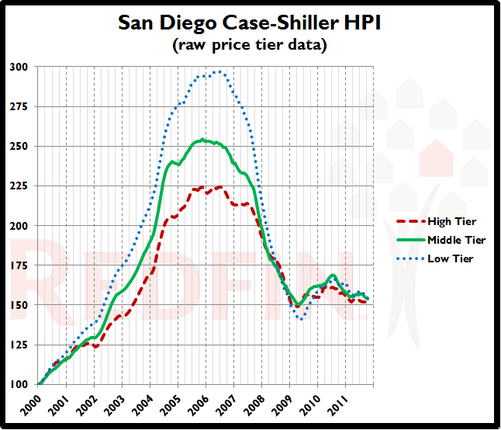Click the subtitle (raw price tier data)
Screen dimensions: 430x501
point(250,45)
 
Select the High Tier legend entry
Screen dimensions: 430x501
point(451,222)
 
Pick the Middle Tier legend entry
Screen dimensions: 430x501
point(456,240)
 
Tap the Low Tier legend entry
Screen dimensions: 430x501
point(450,258)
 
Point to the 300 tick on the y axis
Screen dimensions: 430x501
point(19,68)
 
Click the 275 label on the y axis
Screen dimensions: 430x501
point(19,107)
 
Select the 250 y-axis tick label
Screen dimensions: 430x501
point(19,147)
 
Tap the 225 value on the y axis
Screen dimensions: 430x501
point(19,186)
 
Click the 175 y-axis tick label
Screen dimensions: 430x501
point(19,265)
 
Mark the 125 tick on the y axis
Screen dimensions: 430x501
point(19,345)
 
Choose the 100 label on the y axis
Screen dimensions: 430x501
point(19,384)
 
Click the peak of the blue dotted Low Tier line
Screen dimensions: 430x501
point(218,71)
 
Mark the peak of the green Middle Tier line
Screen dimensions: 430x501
point(202,140)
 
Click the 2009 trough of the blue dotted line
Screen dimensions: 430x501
point(301,318)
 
